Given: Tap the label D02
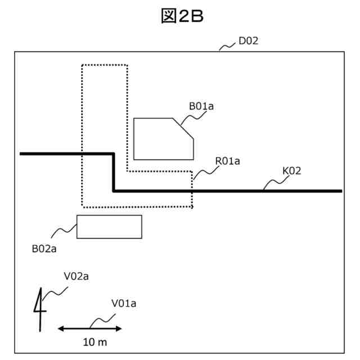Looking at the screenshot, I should click(248, 41).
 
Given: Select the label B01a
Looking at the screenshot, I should click(201, 106).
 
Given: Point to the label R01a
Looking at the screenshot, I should click(227, 161).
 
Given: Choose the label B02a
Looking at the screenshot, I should click(44, 247).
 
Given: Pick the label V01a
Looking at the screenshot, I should click(124, 304).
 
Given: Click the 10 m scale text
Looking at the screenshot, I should click(94, 342).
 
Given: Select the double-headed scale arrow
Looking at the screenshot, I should click(90, 328).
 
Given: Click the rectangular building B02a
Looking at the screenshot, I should click(109, 227).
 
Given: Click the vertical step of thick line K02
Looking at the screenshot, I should click(114, 172).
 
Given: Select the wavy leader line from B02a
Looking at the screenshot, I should click(64, 231).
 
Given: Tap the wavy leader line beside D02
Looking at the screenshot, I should click(228, 46).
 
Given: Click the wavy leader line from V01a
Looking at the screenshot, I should click(101, 321).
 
